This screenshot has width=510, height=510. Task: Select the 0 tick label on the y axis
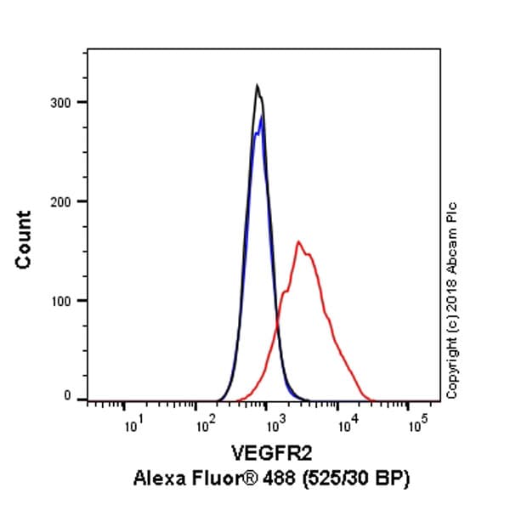[x=76, y=396]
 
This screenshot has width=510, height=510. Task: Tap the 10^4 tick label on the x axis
[x=344, y=424]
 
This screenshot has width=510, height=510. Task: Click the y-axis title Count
[x=23, y=241]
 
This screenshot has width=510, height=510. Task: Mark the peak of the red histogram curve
[x=298, y=242]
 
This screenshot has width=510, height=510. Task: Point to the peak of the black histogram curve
[x=257, y=85]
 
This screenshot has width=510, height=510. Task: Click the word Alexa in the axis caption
[x=156, y=480]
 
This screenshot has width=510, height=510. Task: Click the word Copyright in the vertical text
[x=451, y=367]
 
